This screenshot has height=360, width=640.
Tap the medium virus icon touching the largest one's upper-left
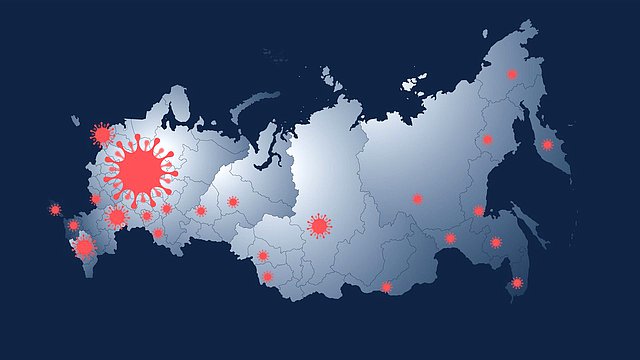pyautogui.click(x=102, y=134)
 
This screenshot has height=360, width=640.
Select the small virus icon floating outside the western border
pyautogui.click(x=55, y=210)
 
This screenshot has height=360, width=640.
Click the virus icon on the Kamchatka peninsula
pyautogui.click(x=547, y=145)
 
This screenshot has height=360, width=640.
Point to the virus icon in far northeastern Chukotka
pyautogui.click(x=512, y=74)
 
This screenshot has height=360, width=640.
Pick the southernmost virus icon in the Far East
pyautogui.click(x=516, y=283)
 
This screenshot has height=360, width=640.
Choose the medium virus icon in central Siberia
pyautogui.click(x=319, y=226)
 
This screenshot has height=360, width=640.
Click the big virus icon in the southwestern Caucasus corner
pyautogui.click(x=84, y=246)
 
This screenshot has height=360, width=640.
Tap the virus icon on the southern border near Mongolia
pyautogui.click(x=387, y=287)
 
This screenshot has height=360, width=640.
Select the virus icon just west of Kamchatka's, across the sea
pyautogui.click(x=488, y=140)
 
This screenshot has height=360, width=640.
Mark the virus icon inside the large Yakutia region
pyautogui.click(x=417, y=199)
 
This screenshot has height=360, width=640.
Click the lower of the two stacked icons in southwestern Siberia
pyautogui.click(x=267, y=276)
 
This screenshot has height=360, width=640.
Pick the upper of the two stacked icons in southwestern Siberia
pyautogui.click(x=262, y=256)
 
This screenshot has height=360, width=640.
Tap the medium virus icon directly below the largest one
pyautogui.click(x=117, y=216)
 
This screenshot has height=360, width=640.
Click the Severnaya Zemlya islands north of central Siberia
pyautogui.click(x=329, y=75)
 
